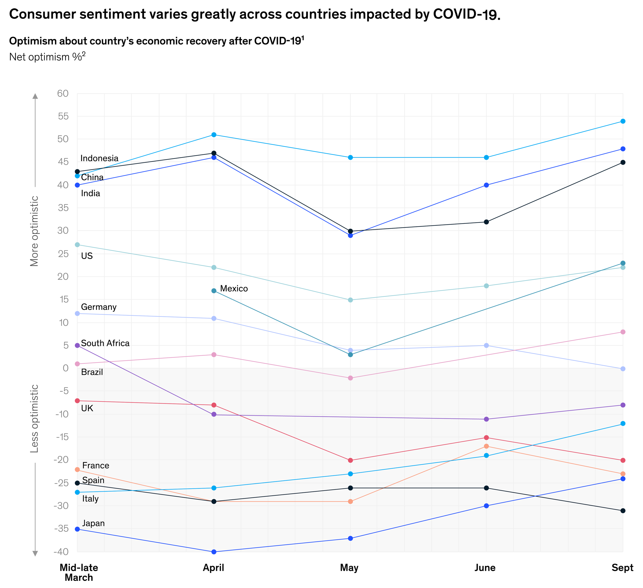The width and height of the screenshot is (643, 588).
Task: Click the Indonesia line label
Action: (99, 158)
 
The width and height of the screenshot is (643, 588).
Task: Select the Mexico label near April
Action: (234, 289)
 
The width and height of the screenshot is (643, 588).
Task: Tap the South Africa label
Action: (105, 343)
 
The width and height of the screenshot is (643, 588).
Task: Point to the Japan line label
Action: (93, 523)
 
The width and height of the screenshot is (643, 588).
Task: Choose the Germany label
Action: (99, 307)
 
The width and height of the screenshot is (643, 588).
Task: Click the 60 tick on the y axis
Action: (63, 93)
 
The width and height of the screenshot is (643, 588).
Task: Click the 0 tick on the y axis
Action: (66, 368)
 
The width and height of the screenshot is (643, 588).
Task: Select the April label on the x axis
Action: (213, 568)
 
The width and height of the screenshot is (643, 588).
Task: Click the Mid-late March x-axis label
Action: (79, 572)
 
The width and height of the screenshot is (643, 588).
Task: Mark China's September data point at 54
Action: (623, 121)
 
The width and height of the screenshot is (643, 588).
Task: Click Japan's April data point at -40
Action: (214, 552)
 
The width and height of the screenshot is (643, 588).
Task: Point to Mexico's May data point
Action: (350, 355)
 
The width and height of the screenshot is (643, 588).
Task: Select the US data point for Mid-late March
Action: (77, 245)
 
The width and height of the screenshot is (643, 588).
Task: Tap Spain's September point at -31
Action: (623, 511)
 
